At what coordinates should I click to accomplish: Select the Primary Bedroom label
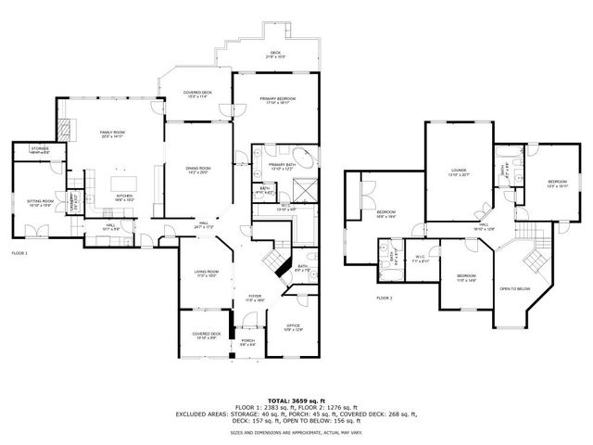pos(277,100)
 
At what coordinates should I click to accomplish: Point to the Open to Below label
pos(515,288)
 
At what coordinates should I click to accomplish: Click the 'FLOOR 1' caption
pos(20,253)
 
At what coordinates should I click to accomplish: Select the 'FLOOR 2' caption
pos(385,299)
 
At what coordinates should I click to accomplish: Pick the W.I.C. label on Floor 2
pos(420,259)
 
